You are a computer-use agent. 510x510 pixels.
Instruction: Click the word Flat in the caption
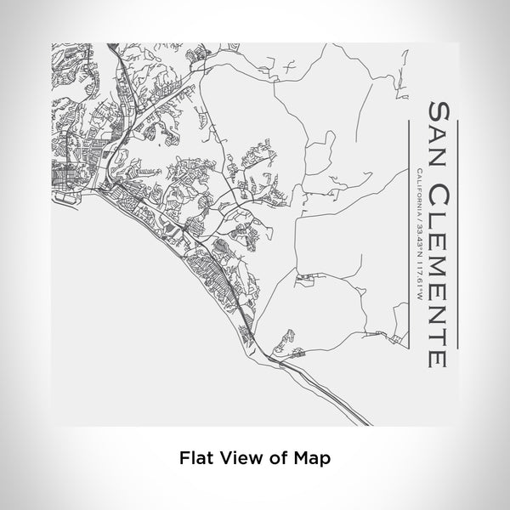click(x=194, y=457)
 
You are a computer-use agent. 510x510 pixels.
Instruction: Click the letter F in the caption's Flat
click(x=182, y=457)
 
